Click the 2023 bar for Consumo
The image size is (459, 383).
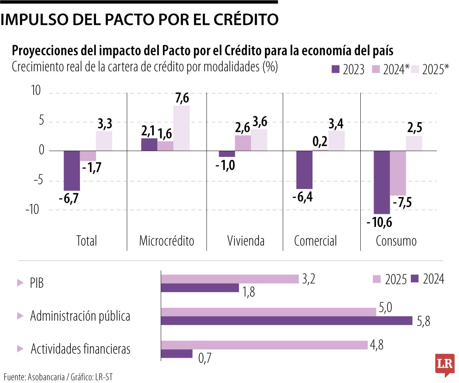pyautogui.click(x=382, y=182)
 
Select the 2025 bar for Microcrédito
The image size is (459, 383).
pyautogui.click(x=181, y=128)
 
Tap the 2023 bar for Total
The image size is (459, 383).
pyautogui.click(x=72, y=170)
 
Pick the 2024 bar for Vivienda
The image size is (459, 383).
pyautogui.click(x=243, y=143)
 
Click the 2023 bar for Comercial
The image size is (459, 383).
pyautogui.click(x=304, y=169)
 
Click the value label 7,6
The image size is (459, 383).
pyautogui.click(x=181, y=98)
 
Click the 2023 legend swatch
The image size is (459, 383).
pyautogui.click(x=335, y=69)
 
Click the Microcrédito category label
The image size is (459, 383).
pyautogui.click(x=166, y=241)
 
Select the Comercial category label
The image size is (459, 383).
pyautogui.click(x=316, y=241)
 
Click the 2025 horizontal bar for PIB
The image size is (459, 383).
pyautogui.click(x=229, y=279)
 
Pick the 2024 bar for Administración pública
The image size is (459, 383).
pyautogui.click(x=286, y=321)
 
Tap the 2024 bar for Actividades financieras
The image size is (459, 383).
pyautogui.click(x=177, y=354)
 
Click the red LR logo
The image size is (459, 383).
pyautogui.click(x=444, y=363)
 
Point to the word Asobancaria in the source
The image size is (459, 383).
pyautogui.click(x=48, y=376)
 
